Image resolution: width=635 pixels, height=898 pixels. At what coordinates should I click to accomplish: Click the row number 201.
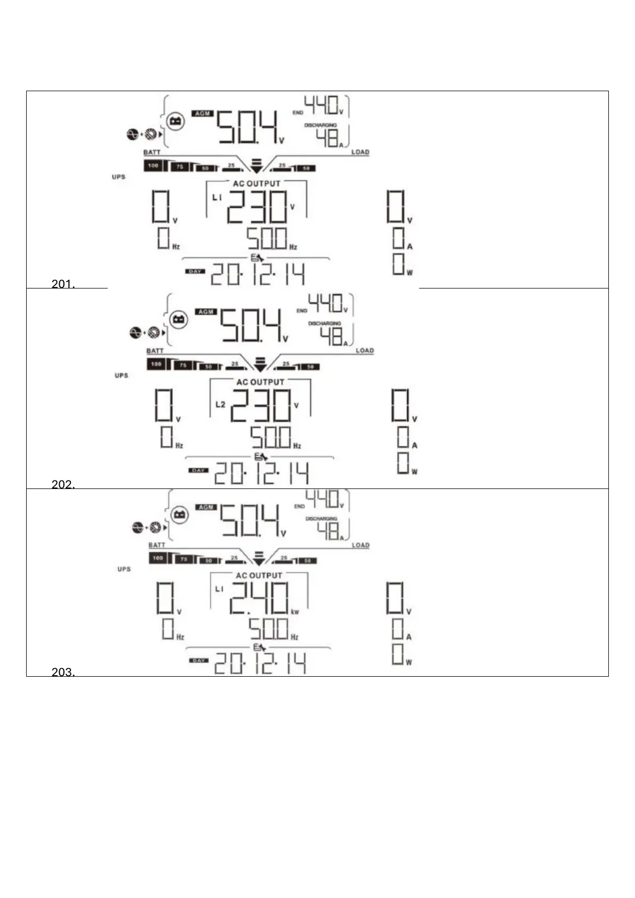click(x=63, y=284)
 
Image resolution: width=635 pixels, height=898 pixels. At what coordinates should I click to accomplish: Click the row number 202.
click(x=63, y=485)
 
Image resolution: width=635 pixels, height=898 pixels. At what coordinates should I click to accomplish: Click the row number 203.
click(x=63, y=672)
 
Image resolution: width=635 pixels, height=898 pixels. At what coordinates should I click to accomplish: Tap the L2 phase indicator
click(x=220, y=404)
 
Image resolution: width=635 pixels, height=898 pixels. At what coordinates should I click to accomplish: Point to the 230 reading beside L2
click(x=261, y=405)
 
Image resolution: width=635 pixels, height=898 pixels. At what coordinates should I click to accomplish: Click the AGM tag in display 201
click(x=203, y=114)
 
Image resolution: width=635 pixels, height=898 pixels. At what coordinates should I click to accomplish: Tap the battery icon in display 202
click(x=179, y=319)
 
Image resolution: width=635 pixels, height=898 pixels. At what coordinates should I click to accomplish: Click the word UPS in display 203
click(x=124, y=569)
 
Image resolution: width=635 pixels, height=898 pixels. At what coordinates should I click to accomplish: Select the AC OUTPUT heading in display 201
click(x=256, y=183)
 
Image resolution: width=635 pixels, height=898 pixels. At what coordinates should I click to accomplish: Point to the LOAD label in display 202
click(x=365, y=350)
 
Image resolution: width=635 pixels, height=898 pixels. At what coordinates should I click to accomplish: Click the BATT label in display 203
click(x=157, y=545)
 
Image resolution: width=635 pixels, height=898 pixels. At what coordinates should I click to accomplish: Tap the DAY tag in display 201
click(x=195, y=271)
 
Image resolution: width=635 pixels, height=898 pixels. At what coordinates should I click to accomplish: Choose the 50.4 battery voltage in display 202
click(x=252, y=325)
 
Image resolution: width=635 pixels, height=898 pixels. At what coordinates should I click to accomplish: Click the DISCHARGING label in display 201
click(x=320, y=125)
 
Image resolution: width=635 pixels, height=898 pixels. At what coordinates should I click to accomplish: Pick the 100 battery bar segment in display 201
click(x=154, y=166)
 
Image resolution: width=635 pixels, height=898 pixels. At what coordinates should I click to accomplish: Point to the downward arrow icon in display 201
click(x=256, y=165)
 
